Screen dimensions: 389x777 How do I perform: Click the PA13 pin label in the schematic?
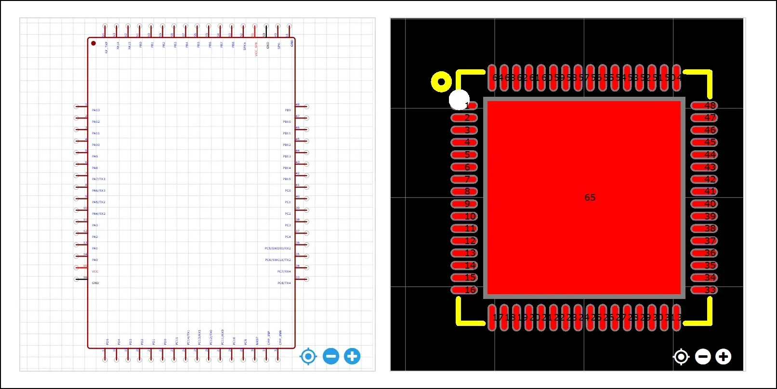coord(96,110)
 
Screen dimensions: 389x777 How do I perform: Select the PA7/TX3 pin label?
coord(98,179)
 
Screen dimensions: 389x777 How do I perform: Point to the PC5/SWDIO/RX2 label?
coord(277,248)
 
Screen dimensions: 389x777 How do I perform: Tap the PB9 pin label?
coord(288,110)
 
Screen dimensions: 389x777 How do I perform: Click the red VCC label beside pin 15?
coord(95,272)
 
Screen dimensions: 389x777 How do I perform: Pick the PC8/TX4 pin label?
coord(284,283)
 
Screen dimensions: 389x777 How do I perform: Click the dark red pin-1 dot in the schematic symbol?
coord(93,43)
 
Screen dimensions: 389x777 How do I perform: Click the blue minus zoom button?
coord(331,357)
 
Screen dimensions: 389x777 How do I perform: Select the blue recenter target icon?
coord(308,357)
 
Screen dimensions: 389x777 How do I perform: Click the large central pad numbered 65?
coord(585,197)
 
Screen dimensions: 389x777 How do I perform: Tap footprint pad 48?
coord(704,105)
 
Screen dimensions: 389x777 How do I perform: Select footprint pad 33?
coord(704,290)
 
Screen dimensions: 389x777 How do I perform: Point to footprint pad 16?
coord(464,290)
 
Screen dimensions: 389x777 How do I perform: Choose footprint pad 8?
coord(464,192)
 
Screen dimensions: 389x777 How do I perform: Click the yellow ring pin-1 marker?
coord(441,82)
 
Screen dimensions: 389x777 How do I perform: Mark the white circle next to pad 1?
coord(459,100)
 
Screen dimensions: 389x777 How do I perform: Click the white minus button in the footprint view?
coord(703,357)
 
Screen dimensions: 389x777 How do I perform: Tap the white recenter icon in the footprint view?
coord(681,357)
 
